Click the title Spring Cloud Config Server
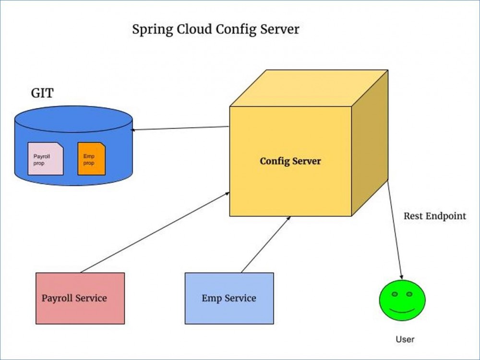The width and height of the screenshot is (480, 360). point(216,29)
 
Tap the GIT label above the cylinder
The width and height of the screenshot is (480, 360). point(42,93)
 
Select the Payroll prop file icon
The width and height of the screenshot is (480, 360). point(45,158)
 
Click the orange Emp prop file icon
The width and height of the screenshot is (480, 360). point(91,158)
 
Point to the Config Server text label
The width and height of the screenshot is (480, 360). point(290,161)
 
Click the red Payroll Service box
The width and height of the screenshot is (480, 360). point(80,298)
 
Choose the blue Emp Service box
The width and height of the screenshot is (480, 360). point(229,298)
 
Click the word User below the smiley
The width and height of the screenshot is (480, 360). point(405,339)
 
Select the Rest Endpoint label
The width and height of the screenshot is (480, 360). point(434,216)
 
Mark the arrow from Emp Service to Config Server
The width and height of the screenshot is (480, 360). point(265,244)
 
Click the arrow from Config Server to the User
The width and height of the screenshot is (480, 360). point(395,230)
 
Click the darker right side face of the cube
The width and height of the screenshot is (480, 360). point(369,144)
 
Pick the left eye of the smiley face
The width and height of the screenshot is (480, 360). point(394,294)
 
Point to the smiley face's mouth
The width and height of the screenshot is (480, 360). point(402,311)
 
